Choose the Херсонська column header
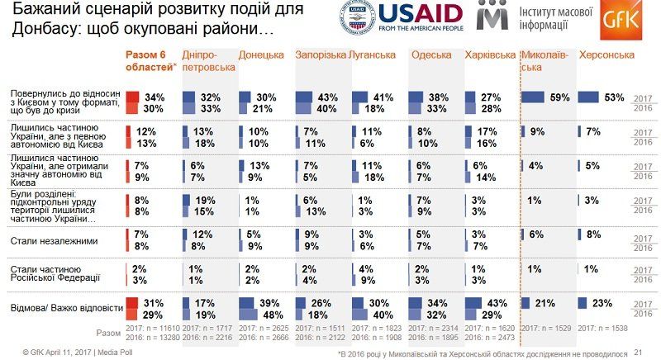(606, 55)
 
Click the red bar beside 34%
(133, 97)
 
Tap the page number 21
(637, 352)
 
